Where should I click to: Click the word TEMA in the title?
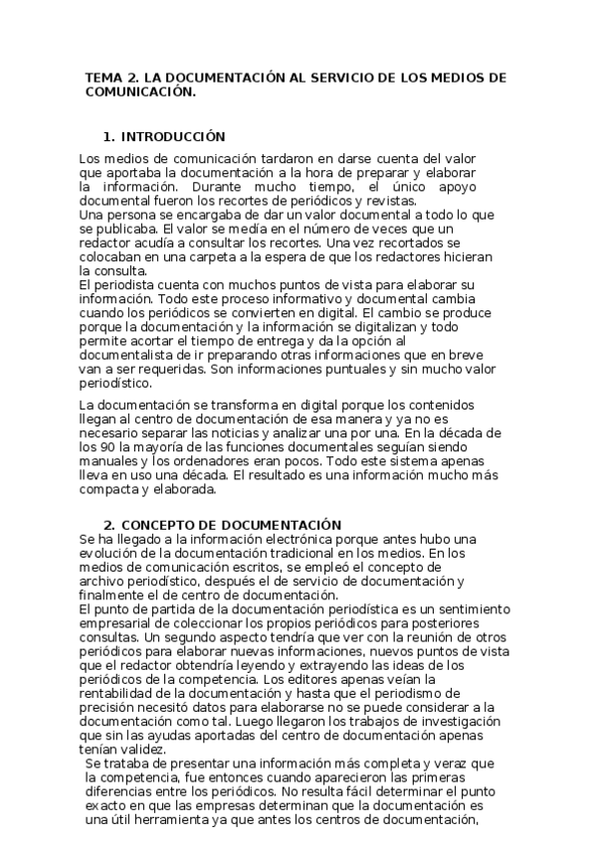(102, 77)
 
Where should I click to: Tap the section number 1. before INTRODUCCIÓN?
(110, 136)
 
